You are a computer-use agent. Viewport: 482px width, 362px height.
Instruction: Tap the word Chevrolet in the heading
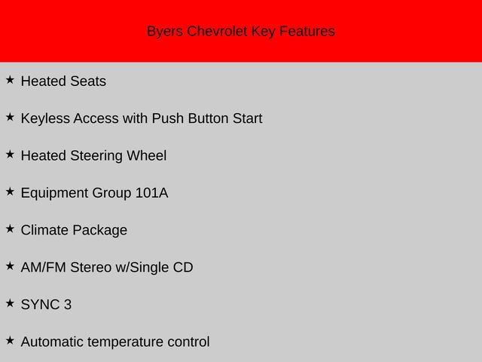(x=215, y=32)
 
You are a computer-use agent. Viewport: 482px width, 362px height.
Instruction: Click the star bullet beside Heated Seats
(x=10, y=79)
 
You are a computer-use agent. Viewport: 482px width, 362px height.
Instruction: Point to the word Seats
(x=88, y=81)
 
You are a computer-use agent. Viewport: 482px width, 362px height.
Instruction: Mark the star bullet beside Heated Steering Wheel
(x=10, y=154)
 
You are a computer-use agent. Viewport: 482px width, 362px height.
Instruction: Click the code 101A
(x=151, y=193)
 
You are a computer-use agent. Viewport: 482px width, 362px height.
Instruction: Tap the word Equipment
(x=54, y=193)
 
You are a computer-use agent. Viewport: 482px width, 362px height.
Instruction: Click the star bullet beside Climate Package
(x=10, y=229)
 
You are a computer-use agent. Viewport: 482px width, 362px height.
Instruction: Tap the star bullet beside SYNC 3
(x=10, y=303)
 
